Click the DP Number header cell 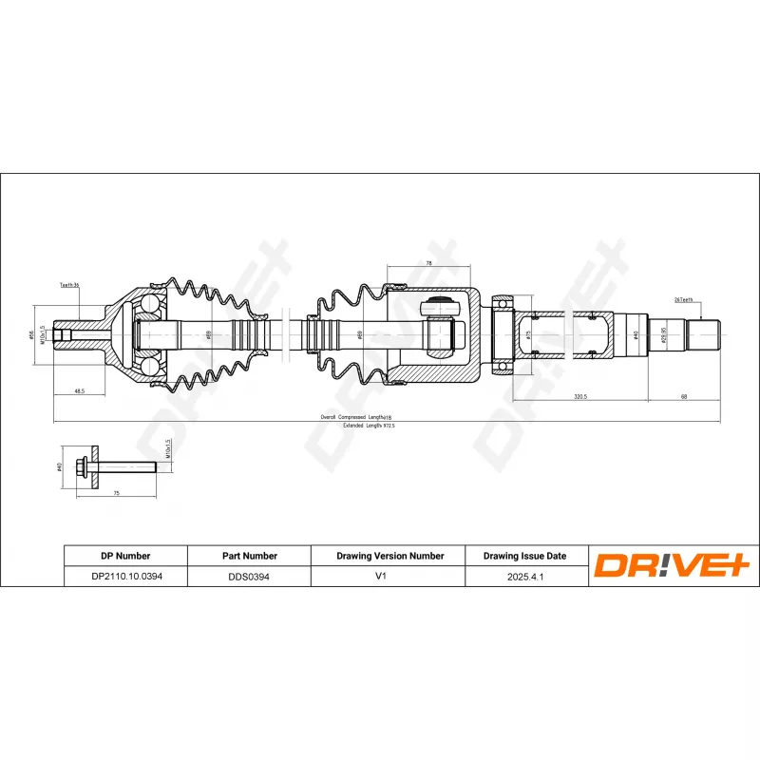pos(125,556)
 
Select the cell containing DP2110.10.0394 pos(125,576)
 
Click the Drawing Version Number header pos(389,556)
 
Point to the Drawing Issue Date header pos(524,556)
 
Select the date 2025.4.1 pos(524,576)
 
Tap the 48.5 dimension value pos(80,390)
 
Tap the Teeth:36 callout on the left pos(69,284)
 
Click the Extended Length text pos(368,426)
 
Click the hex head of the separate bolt pos(86,466)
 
